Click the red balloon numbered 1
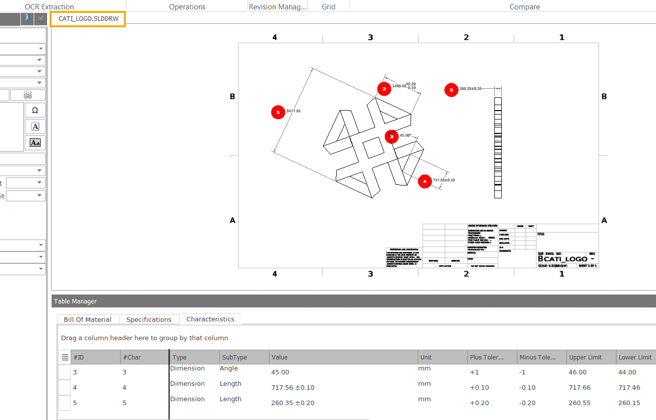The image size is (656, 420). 278,113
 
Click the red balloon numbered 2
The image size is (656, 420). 384,89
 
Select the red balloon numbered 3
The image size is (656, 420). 391,136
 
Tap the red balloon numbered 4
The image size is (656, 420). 424,181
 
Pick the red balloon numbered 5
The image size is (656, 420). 451,90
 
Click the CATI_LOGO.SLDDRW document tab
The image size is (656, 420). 88,19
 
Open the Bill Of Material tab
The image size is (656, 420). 88,319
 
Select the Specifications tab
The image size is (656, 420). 149,319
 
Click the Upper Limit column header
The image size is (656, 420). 585,357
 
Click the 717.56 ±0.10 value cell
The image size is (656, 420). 293,387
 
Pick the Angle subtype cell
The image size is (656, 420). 229,368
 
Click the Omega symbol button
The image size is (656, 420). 35,110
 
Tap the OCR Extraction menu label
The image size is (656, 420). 50,6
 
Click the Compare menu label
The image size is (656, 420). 525,6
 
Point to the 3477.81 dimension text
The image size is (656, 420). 294,111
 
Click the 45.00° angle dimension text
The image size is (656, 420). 406,135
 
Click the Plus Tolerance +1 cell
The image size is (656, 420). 474,372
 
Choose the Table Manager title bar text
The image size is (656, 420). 75,301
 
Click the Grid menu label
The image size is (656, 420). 328,6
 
